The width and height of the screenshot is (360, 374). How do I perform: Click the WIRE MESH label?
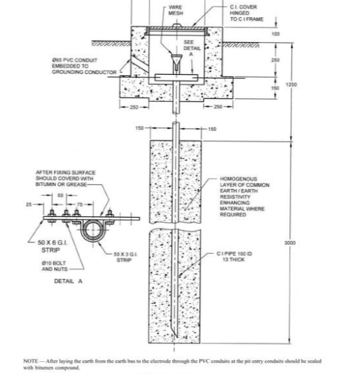pyautogui.click(x=176, y=9)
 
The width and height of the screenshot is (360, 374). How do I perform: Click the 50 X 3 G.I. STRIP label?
pyautogui.click(x=125, y=256)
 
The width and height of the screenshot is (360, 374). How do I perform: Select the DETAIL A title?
pyautogui.click(x=68, y=281)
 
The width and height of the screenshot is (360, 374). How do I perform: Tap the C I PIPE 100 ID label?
pyautogui.click(x=233, y=256)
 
